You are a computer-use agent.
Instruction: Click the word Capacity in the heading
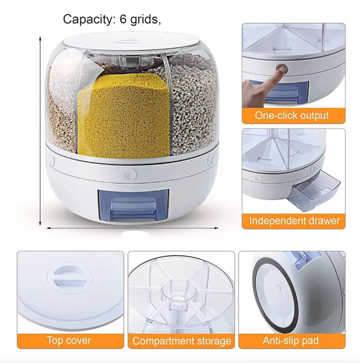coord(89,20)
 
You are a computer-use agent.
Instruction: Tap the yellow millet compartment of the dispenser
coord(124,116)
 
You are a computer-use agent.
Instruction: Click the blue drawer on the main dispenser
coord(133,205)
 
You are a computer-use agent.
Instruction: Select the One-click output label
coord(292,115)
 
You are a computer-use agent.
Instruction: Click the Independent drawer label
coord(295,221)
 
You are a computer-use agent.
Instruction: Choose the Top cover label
coord(69,341)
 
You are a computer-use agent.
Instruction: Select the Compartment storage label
coord(182,341)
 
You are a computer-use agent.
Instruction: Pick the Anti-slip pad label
coord(291,341)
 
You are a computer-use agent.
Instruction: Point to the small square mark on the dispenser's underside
coord(278,287)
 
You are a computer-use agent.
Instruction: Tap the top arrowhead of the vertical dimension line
coord(40,38)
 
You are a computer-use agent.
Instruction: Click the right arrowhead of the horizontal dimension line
coord(216,228)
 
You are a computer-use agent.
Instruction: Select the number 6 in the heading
coord(123,19)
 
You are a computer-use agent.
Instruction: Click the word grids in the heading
coord(145,20)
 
